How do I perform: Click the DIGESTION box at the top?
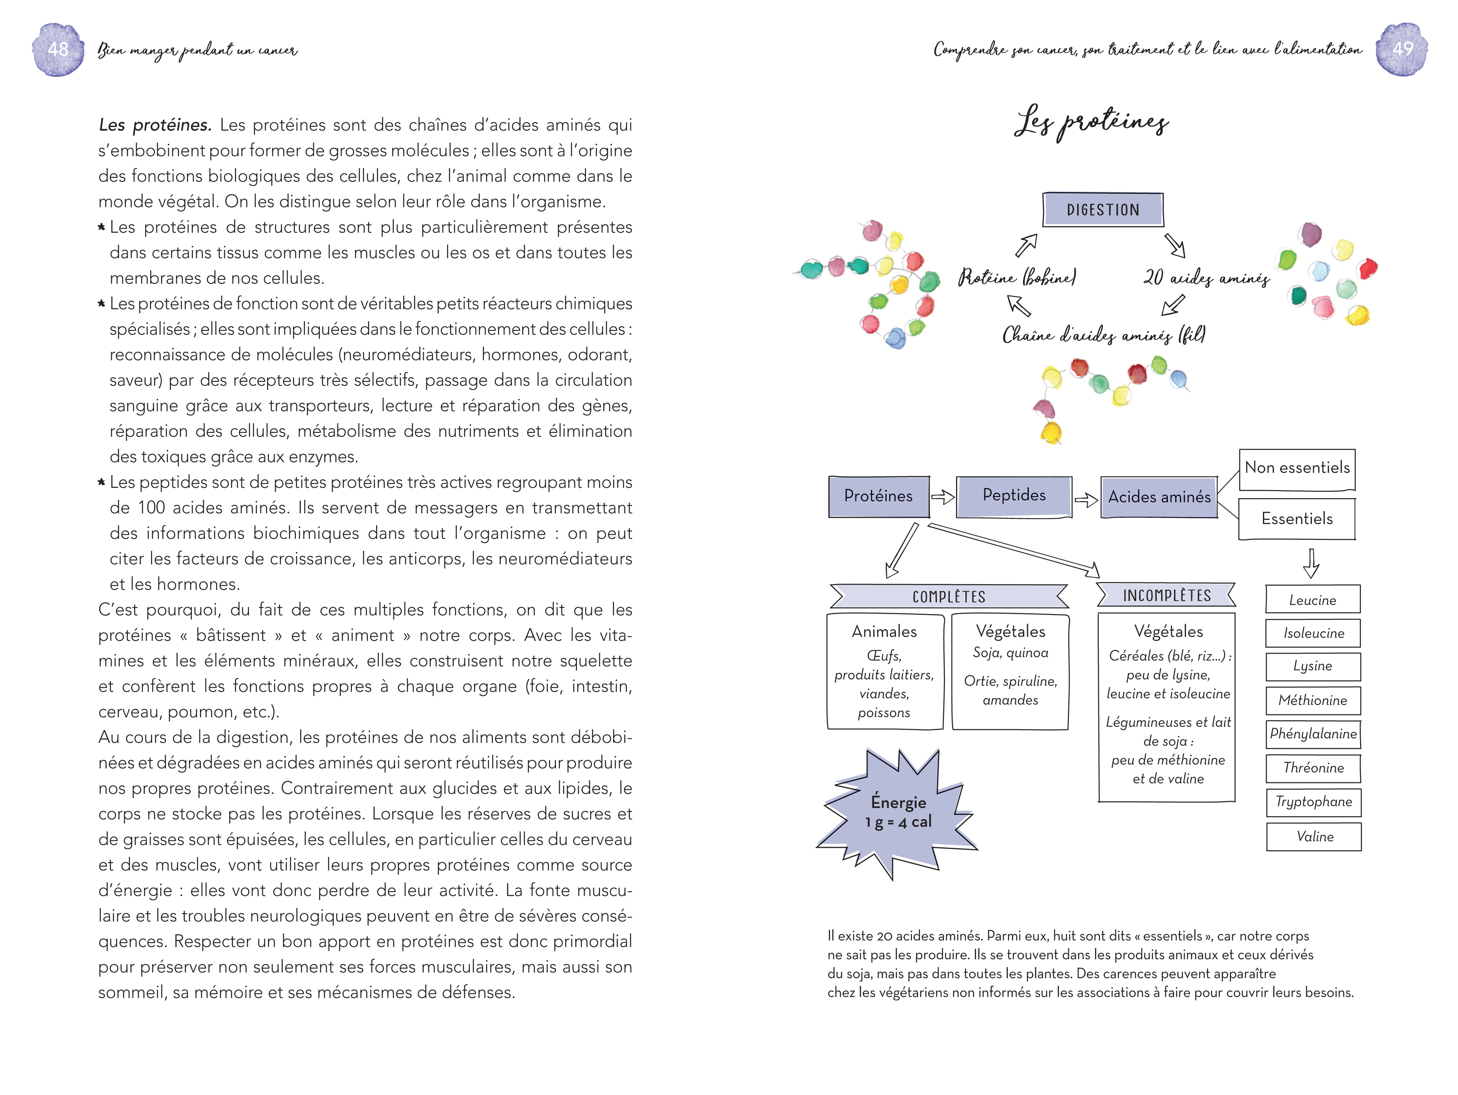1103,209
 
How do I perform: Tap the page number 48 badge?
58,49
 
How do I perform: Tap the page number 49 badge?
1402,49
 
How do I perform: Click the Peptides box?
1014,495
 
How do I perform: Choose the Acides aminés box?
1159,497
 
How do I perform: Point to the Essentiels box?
1297,519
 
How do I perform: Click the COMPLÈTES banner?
949,596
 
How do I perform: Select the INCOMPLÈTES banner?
1167,595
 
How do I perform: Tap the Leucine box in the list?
1312,600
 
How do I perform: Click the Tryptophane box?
1313,802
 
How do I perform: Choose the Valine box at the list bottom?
1314,837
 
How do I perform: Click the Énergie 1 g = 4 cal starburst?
898,813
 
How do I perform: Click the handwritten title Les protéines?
1091,122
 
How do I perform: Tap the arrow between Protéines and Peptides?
942,497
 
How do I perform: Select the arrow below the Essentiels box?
1311,563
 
